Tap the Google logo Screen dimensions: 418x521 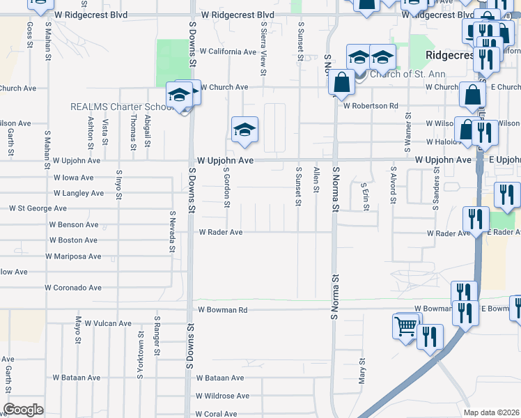click(x=23, y=410)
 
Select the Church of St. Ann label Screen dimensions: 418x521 click(x=402, y=75)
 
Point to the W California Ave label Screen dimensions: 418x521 click(x=228, y=52)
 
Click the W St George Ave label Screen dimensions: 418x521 click(x=38, y=208)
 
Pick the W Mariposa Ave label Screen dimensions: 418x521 click(x=73, y=256)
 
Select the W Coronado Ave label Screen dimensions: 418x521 click(x=73, y=287)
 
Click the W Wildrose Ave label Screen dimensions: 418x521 click(x=222, y=396)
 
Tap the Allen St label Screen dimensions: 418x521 click(x=316, y=179)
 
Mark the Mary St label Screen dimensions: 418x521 click(x=362, y=371)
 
